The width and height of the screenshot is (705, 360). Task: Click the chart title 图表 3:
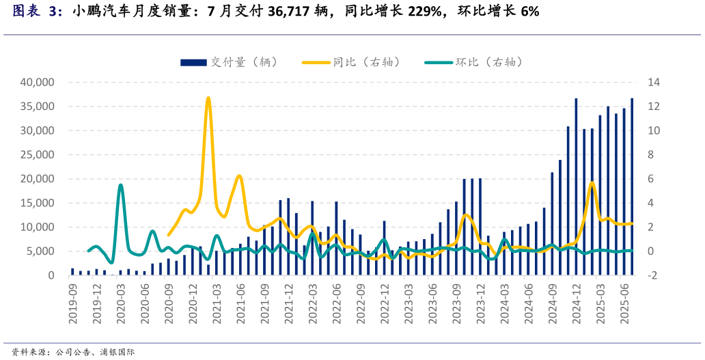38,12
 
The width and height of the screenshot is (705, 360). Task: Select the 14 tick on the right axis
654,82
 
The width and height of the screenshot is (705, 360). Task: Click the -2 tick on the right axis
653,275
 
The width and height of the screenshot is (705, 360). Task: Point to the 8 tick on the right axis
651,154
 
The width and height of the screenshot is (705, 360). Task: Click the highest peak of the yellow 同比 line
208,98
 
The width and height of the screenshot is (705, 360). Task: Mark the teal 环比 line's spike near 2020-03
120,184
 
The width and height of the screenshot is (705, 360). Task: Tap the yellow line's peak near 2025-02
592,182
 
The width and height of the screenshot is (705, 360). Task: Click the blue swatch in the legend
193,62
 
